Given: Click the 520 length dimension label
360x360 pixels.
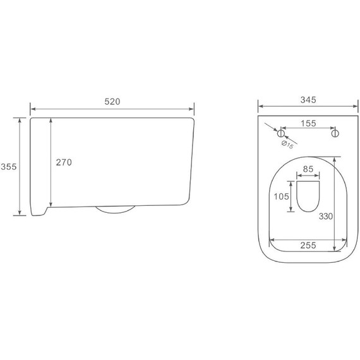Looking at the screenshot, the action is coord(112,102).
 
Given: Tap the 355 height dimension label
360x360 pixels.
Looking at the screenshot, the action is coord(9,167).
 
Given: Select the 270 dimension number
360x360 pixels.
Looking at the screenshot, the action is coord(64,162).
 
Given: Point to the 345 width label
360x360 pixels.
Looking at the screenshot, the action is coord(308,100).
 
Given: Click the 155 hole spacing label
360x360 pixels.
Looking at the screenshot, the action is coord(308,123).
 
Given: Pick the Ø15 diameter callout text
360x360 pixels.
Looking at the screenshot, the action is coord(287,145).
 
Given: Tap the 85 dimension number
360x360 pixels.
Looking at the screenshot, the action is coord(308,169).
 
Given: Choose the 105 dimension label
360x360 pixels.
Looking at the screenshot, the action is coord(281,196).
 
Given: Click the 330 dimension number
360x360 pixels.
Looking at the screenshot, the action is coord(326,216).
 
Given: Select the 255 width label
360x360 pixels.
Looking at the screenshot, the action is coord(308,245).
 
